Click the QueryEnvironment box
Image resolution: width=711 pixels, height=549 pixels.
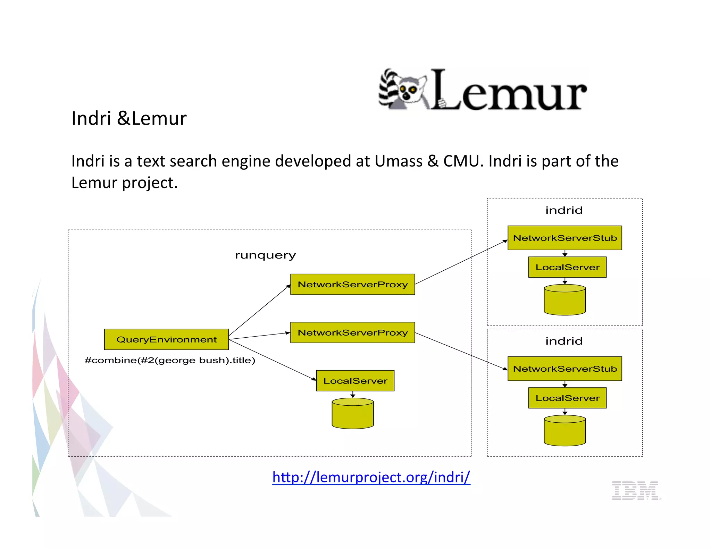[x=166, y=339]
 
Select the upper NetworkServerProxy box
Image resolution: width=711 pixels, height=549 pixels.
[x=352, y=284]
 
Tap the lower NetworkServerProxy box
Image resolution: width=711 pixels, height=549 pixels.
[x=352, y=332]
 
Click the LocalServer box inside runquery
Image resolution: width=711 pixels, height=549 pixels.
[x=355, y=381]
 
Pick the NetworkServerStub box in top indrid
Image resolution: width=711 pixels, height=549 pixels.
[x=564, y=238]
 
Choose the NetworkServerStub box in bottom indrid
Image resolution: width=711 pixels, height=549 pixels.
[x=564, y=369]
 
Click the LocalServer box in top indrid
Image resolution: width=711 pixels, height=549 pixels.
[x=567, y=267]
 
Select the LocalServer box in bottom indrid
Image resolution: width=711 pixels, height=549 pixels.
[x=567, y=398]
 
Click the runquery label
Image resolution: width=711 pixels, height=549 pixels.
[x=265, y=255]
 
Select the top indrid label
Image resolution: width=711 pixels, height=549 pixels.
[x=564, y=210]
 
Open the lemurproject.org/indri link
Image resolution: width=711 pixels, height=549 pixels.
[x=371, y=477]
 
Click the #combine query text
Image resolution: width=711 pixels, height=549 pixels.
[x=170, y=360]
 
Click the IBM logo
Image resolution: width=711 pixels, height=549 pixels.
[x=636, y=490]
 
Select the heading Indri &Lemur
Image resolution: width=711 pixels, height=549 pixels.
[x=129, y=118]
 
